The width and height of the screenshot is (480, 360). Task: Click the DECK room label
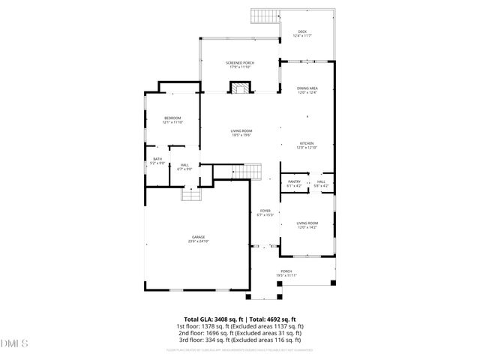coord(302,31)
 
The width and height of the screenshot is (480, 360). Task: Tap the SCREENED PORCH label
coord(240,62)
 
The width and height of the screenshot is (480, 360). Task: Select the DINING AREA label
coord(308,88)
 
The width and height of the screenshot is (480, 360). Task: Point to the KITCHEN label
coord(307,143)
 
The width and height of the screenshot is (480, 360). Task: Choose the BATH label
coord(157,158)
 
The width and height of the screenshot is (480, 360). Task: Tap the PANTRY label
coord(295,181)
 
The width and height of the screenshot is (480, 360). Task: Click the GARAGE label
coord(198,237)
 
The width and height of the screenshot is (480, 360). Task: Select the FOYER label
coord(265,211)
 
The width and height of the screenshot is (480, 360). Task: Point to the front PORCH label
coord(286,271)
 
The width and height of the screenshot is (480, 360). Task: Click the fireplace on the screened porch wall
coord(240,88)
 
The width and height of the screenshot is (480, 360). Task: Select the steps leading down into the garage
coord(193,194)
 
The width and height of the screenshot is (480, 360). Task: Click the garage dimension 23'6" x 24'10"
coord(198,241)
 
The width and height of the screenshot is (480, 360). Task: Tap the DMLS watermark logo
coord(13,344)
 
